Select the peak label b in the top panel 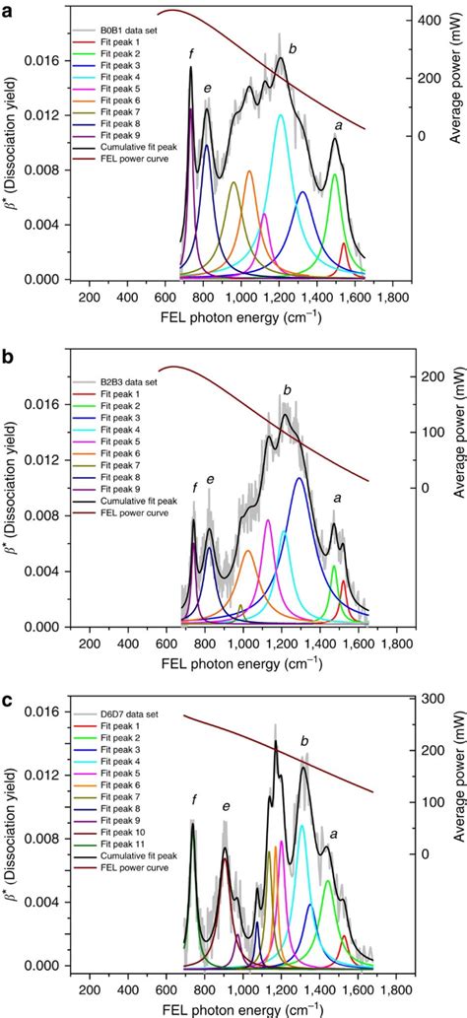pos(293,47)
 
